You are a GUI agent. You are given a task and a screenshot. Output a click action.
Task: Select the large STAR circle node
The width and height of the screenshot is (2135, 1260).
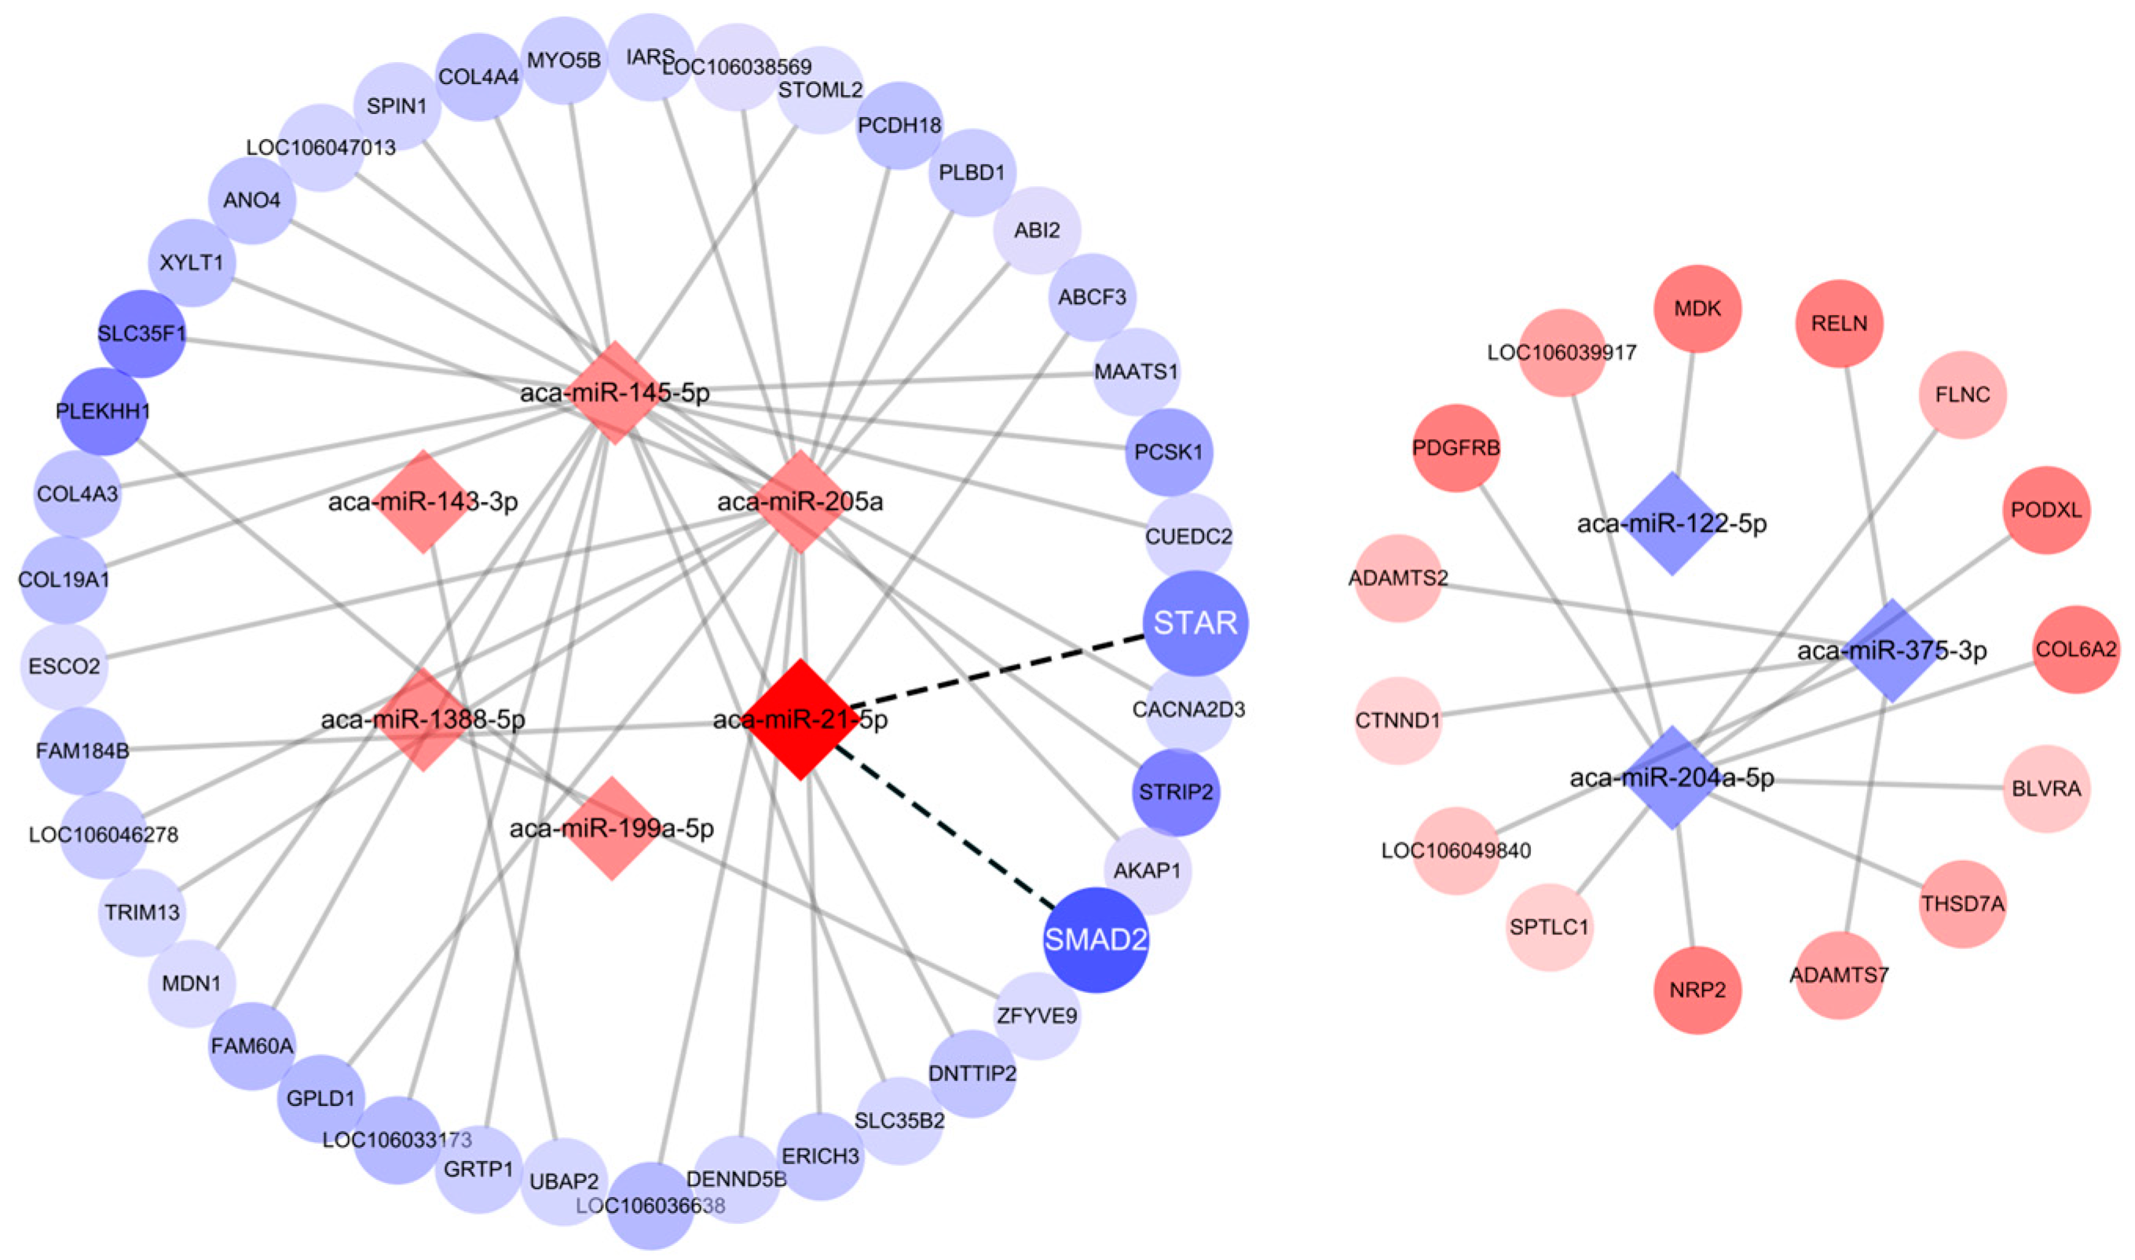[1196, 623]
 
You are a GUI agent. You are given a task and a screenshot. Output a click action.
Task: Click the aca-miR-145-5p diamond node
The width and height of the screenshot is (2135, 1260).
[614, 392]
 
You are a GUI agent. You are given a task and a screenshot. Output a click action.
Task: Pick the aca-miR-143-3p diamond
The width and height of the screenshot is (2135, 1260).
[423, 501]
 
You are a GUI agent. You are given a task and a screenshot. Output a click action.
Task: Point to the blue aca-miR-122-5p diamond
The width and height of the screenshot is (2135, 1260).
[1672, 523]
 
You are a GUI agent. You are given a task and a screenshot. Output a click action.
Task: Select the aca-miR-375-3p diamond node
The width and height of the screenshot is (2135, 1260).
[1891, 650]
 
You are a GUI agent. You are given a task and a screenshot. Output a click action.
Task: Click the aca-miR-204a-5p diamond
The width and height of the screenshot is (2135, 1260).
[1672, 777]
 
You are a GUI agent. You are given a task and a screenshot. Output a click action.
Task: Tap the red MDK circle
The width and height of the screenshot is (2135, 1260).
[1697, 308]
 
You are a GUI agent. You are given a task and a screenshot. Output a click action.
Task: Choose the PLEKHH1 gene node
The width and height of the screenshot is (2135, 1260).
[103, 411]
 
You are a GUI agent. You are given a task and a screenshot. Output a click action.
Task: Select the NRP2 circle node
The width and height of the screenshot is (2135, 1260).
[1697, 990]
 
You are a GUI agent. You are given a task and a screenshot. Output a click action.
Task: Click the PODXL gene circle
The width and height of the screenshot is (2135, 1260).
[2046, 511]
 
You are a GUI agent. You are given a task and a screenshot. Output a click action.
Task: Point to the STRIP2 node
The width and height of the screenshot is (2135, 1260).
[1175, 792]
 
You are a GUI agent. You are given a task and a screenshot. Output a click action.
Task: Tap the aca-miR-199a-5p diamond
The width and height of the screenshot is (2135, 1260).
[612, 828]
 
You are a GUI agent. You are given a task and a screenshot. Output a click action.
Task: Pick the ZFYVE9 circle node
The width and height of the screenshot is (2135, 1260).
[1037, 1016]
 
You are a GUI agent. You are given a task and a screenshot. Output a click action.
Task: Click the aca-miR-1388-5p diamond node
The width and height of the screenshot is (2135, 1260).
[423, 719]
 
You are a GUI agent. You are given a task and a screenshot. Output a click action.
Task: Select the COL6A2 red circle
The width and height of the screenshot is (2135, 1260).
[2075, 650]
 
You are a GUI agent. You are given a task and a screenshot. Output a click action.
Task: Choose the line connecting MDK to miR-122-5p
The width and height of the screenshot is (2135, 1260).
[1685, 416]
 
